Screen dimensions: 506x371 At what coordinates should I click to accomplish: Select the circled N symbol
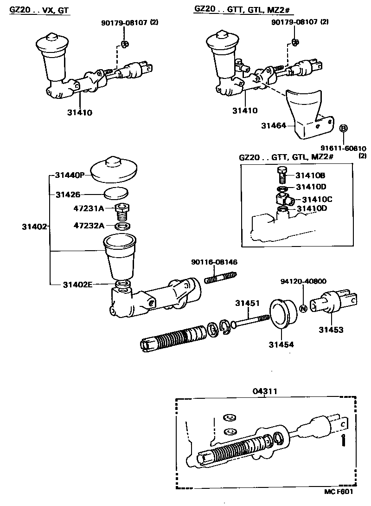coord(303,308)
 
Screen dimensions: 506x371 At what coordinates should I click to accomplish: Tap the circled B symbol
coord(344,129)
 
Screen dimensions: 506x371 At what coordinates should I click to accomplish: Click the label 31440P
coord(69,175)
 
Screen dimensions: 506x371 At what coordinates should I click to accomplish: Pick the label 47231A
coord(89,209)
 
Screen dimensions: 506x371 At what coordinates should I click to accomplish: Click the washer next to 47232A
coord(122,226)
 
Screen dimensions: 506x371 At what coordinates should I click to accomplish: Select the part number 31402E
coord(77,285)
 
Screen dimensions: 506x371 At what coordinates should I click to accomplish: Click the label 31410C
coord(317,199)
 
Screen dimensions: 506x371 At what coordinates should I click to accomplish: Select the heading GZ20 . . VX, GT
coord(40,10)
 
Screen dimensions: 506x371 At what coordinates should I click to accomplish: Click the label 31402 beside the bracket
coord(34,227)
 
